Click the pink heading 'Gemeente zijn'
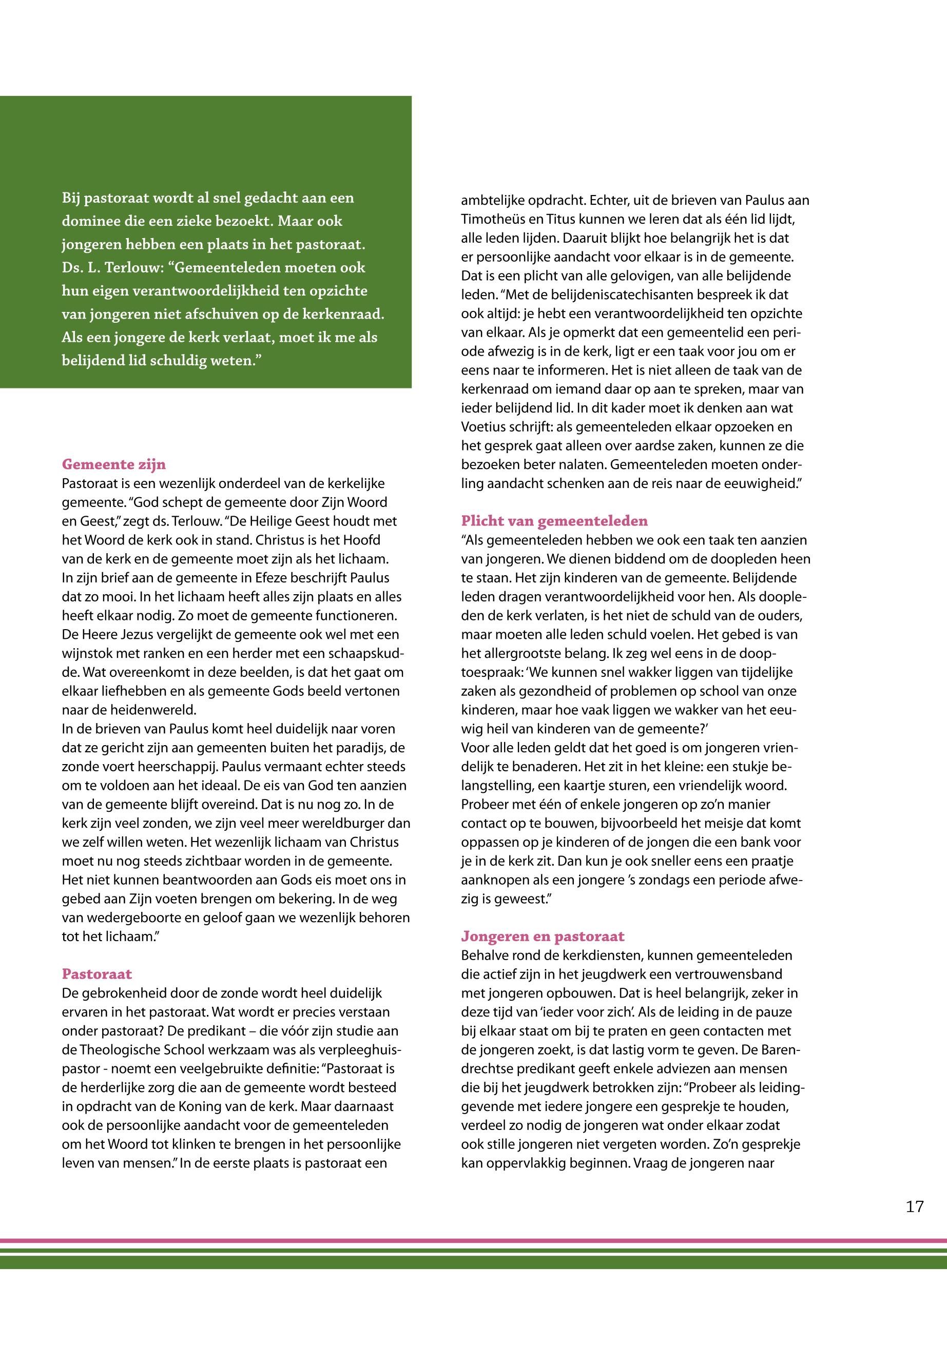tap(114, 464)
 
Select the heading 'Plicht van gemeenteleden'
tap(554, 521)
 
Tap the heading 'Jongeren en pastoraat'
tap(543, 936)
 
